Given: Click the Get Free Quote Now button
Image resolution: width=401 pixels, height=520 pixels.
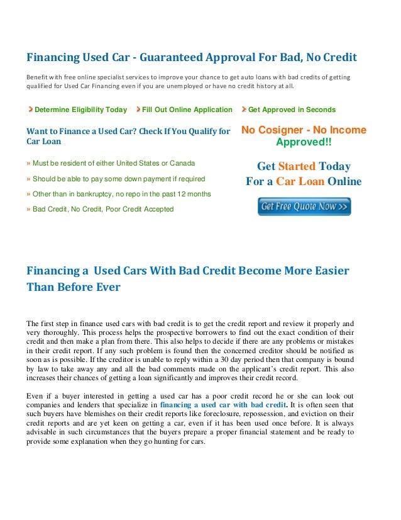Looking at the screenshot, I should (304, 206).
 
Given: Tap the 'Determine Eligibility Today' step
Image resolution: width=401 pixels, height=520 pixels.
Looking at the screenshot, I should (80, 110).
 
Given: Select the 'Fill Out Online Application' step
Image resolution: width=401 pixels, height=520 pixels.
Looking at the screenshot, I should (187, 110).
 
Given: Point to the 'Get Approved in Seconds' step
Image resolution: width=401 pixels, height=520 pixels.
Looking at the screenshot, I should (292, 110).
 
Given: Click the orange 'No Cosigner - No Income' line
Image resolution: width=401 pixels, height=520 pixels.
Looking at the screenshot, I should (304, 130).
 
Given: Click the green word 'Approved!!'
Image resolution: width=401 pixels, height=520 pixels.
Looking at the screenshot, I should (304, 142).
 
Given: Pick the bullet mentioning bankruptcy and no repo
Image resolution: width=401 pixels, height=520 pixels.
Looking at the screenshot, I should (121, 193).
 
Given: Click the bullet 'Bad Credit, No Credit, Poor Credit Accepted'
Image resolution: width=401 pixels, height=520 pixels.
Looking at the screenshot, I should (102, 208).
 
